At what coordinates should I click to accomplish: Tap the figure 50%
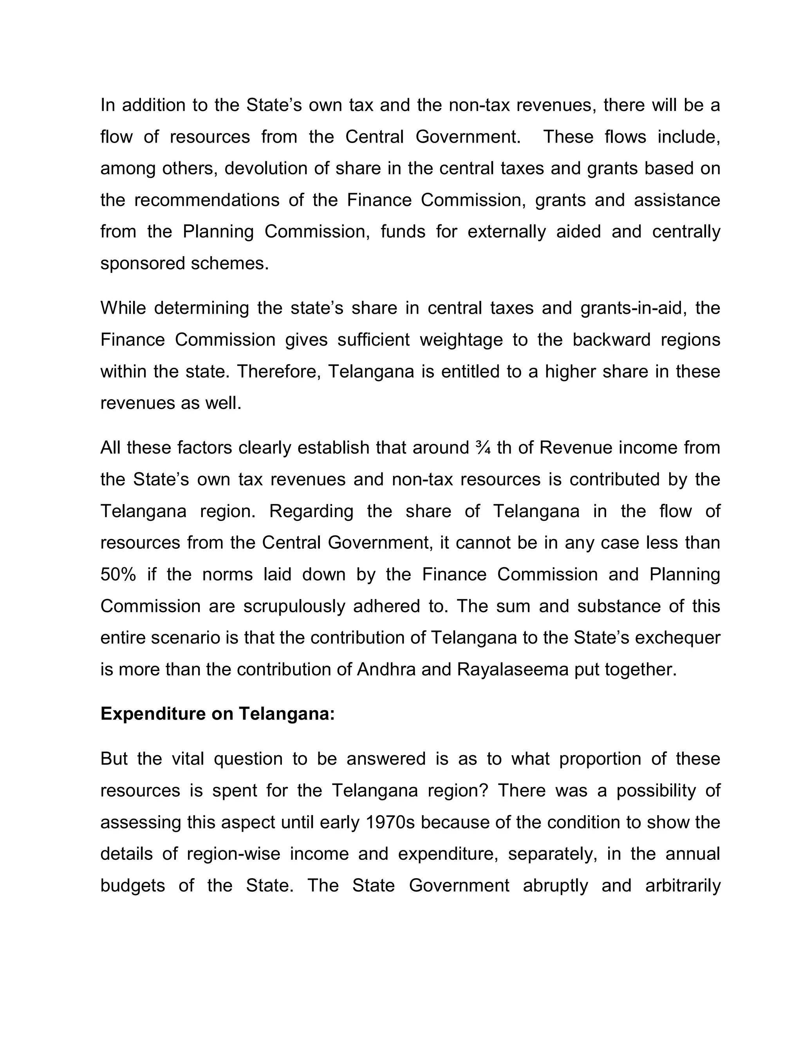click(x=118, y=575)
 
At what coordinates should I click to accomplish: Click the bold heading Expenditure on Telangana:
click(x=218, y=714)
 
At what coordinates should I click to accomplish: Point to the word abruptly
click(x=555, y=886)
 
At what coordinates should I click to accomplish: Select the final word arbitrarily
click(x=682, y=886)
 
